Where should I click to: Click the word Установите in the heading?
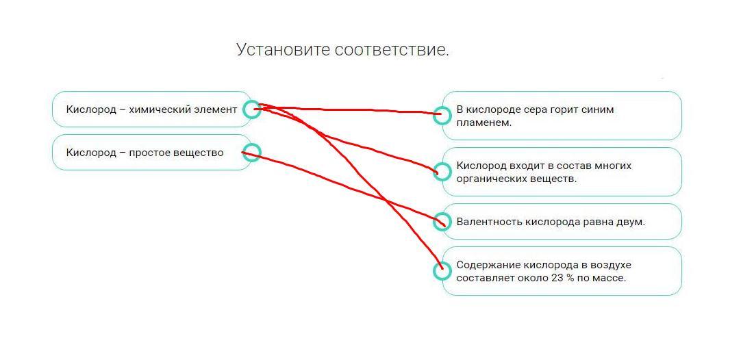point(283,49)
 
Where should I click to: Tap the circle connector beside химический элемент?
point(252,109)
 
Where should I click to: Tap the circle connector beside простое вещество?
point(252,153)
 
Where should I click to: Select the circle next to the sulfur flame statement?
point(442,115)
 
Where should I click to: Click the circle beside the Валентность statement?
point(442,222)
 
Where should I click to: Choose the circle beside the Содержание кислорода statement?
point(442,271)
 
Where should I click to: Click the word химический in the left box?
point(160,110)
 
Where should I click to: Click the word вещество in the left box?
point(199,153)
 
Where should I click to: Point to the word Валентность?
point(489,222)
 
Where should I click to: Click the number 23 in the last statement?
point(557,279)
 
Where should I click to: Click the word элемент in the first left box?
point(215,110)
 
